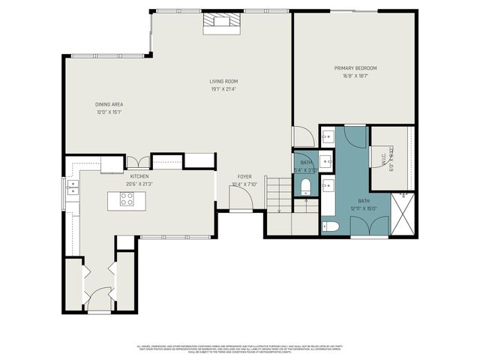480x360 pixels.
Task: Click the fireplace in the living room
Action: click(x=223, y=24)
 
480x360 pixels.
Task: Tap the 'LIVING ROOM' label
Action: click(x=223, y=81)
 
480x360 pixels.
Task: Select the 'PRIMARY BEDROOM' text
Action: click(x=355, y=68)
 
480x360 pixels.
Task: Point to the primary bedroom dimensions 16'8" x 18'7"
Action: click(x=355, y=76)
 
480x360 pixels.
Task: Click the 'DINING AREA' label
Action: click(x=109, y=104)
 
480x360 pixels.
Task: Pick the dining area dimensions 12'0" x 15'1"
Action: click(x=109, y=112)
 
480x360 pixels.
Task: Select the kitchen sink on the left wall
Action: click(x=73, y=187)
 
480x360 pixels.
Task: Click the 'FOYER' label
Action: click(x=244, y=176)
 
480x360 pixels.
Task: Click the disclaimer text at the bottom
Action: click(x=240, y=349)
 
